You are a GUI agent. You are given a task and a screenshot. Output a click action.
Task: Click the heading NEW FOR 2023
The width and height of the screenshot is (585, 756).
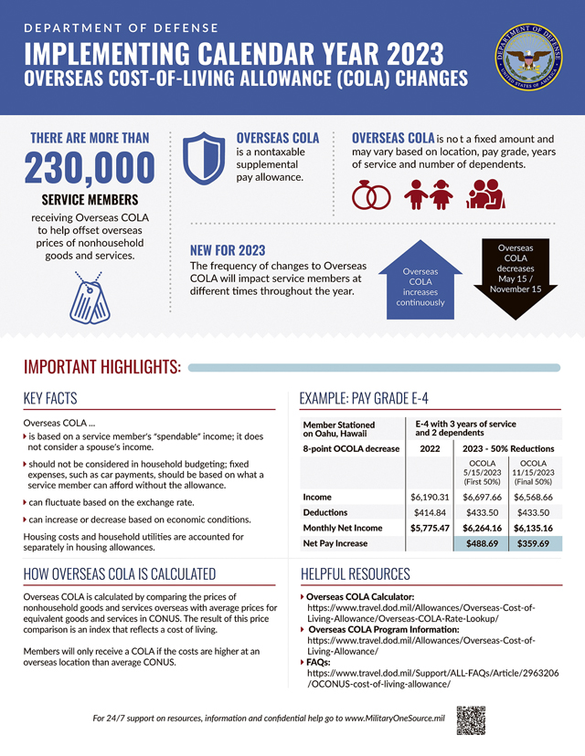pyautogui.click(x=228, y=251)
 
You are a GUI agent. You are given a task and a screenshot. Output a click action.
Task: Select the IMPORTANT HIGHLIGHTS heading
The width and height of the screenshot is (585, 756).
pyautogui.click(x=101, y=367)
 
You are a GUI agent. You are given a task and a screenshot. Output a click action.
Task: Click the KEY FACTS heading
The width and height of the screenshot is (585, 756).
pyautogui.click(x=50, y=398)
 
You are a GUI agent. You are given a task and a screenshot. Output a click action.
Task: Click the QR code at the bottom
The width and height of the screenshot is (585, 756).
pyautogui.click(x=469, y=719)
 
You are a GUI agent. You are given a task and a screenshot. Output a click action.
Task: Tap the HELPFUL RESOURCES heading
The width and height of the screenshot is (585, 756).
pyautogui.click(x=356, y=574)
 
